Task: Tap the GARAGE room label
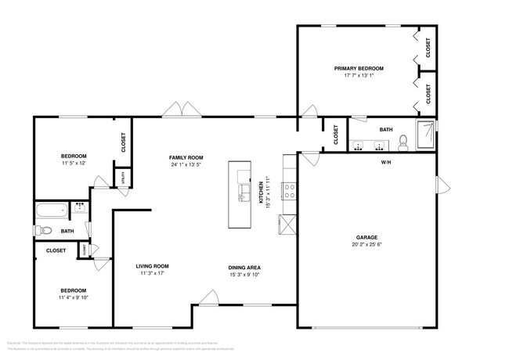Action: click(366, 236)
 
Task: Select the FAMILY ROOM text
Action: click(186, 157)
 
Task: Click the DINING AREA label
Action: click(244, 267)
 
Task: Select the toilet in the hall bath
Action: click(45, 231)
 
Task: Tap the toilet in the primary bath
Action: click(403, 142)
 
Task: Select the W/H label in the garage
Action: click(385, 163)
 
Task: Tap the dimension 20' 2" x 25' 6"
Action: click(366, 244)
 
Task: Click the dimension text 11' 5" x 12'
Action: click(74, 164)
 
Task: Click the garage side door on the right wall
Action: click(442, 185)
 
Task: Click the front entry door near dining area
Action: click(208, 298)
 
